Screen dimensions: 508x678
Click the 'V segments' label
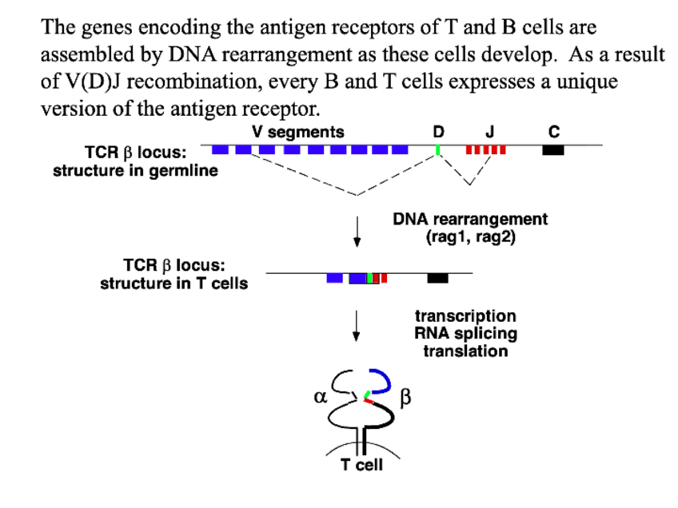297,132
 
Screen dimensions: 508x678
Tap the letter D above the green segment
437,132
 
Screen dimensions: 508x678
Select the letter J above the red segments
490,132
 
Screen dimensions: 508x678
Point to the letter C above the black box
554,132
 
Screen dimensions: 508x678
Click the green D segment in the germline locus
438,149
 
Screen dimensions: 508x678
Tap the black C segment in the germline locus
553,149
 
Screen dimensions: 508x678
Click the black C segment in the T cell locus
437,278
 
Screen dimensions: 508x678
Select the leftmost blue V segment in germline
221,149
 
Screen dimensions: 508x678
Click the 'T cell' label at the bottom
362,465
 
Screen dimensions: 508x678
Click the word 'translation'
465,351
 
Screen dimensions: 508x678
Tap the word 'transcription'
465,317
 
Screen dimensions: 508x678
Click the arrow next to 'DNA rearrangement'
358,229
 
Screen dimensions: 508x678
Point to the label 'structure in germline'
135,171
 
